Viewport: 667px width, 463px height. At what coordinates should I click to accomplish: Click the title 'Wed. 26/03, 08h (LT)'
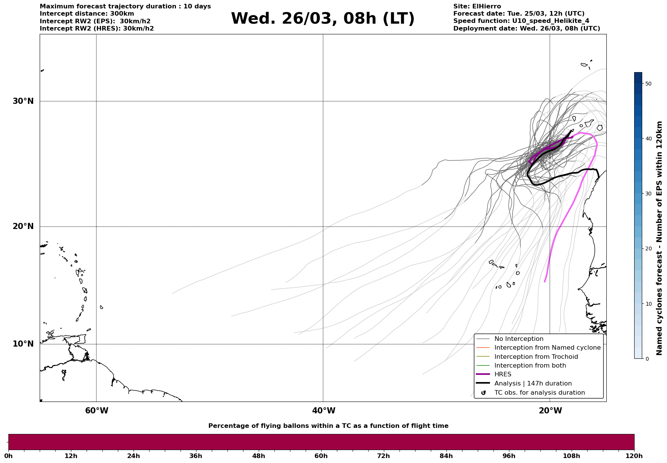click(322, 19)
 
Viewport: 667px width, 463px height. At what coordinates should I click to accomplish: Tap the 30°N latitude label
click(23, 101)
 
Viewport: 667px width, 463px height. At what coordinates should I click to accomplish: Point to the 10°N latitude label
click(23, 344)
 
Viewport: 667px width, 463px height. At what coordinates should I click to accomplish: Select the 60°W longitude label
click(97, 411)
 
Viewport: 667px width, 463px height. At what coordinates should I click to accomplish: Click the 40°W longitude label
click(324, 411)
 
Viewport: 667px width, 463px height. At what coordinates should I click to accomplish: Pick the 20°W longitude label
click(550, 411)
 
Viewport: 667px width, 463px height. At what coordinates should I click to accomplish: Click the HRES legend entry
click(503, 374)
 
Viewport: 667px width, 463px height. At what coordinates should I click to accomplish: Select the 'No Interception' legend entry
click(519, 339)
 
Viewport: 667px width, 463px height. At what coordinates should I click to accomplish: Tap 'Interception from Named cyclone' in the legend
click(547, 348)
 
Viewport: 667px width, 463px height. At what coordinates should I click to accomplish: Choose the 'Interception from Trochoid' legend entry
click(536, 357)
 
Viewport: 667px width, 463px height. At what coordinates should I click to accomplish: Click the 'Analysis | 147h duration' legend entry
click(533, 384)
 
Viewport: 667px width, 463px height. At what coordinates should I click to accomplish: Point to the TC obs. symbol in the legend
click(483, 393)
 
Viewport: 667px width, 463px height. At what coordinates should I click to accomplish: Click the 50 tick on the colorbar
click(648, 84)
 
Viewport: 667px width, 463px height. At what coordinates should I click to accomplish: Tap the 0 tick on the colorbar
click(646, 359)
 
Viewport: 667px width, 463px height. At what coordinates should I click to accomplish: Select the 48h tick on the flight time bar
click(258, 456)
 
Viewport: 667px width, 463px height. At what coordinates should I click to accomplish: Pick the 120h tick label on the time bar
click(634, 456)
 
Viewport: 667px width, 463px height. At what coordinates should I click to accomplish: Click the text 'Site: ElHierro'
click(477, 6)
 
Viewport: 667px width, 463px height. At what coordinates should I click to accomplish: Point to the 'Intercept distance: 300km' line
click(87, 14)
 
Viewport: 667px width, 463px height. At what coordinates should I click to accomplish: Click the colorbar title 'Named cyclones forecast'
click(659, 238)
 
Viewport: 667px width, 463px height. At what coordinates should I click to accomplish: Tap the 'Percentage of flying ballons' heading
click(328, 426)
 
